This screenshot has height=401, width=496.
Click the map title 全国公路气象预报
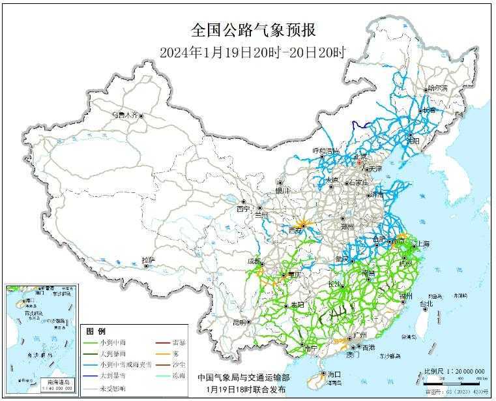pyautogui.click(x=254, y=30)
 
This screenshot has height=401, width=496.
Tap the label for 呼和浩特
pyautogui.click(x=326, y=151)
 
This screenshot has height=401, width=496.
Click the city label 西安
pyautogui.click(x=295, y=230)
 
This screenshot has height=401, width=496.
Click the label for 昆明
pyautogui.click(x=241, y=322)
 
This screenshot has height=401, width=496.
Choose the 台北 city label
pyautogui.click(x=426, y=304)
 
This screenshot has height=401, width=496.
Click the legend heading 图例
pyautogui.click(x=96, y=331)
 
